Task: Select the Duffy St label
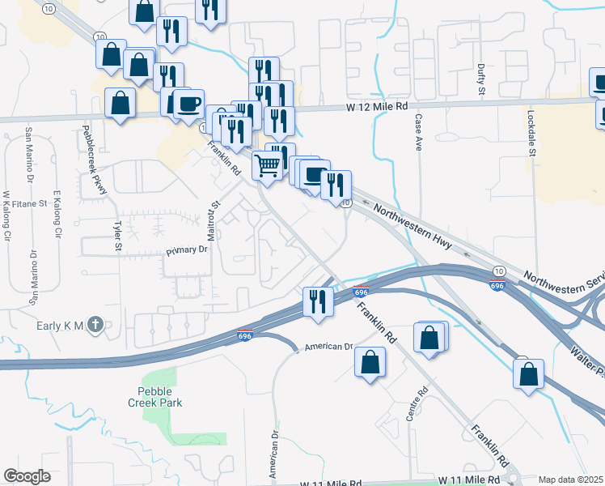[x=480, y=80]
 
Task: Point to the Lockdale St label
[x=531, y=134]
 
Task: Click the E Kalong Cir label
[x=57, y=215]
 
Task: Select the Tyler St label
[x=118, y=235]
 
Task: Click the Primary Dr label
[x=187, y=251]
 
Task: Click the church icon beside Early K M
[x=95, y=326]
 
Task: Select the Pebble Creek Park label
[x=154, y=396]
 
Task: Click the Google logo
[x=27, y=476]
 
